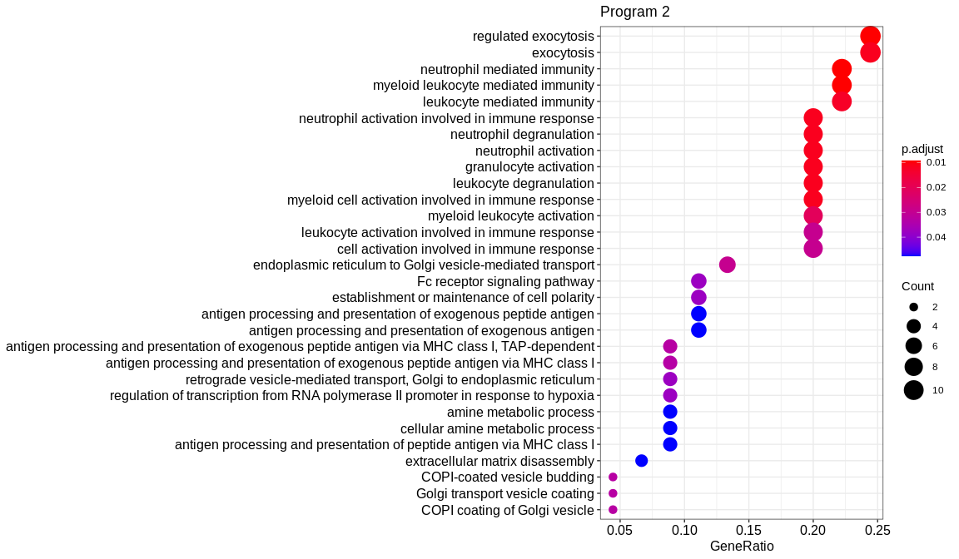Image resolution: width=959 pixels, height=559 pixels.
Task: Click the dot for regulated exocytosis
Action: coord(870,37)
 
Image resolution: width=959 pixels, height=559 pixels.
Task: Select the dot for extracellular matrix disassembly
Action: coord(641,461)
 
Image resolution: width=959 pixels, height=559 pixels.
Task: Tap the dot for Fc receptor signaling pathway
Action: coord(698,281)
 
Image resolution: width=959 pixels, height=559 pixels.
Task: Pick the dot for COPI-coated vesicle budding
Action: coord(613,477)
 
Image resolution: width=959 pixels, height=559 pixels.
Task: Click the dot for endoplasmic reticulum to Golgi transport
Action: coord(727,265)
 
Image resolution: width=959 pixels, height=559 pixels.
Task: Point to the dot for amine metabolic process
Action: coord(670,412)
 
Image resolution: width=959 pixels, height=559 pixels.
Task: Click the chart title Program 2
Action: coord(634,12)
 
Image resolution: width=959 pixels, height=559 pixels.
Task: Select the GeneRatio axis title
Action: coord(742,547)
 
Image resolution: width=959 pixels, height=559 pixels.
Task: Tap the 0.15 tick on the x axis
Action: coord(748,530)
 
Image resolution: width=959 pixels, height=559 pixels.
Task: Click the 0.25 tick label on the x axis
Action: coord(877,530)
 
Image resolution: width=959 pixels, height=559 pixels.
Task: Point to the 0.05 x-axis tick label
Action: coord(619,530)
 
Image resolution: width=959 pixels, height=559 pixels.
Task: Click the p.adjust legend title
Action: coord(922,149)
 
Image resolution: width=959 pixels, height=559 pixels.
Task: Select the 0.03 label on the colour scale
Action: coord(936,212)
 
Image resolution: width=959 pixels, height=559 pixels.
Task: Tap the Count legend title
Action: coord(917,286)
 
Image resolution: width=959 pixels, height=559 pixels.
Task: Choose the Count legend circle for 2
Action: coord(913,307)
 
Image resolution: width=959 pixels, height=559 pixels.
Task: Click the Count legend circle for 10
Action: coord(913,390)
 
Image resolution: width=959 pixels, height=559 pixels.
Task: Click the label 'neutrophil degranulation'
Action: coord(522,135)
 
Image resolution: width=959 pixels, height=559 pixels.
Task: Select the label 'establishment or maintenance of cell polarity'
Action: coord(463,298)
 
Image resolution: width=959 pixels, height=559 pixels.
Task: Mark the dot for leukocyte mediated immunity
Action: coord(842,101)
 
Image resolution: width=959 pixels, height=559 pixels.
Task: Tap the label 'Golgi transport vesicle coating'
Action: coord(505,494)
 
